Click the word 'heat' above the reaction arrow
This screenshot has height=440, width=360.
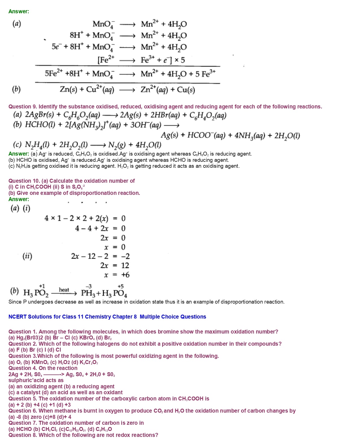[64, 290]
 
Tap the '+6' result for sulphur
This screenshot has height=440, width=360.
[125, 275]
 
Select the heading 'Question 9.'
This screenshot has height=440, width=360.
[23, 106]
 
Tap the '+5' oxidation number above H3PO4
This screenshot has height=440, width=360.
[121, 286]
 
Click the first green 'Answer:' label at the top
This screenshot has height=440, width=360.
[19, 11]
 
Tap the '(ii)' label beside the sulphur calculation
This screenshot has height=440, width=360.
[27, 256]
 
